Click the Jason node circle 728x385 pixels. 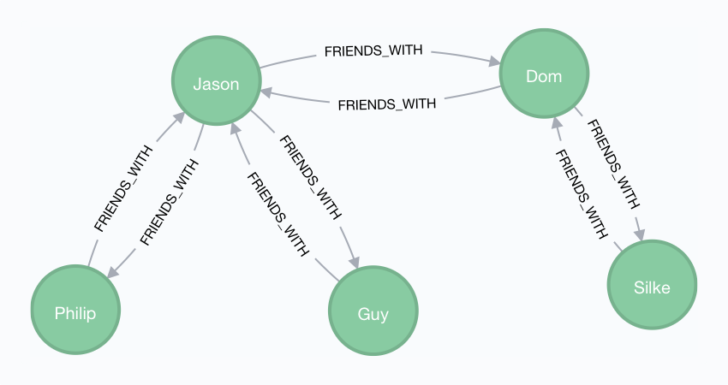[x=215, y=83]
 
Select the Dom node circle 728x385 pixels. [x=544, y=76]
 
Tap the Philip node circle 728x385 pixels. [x=75, y=312]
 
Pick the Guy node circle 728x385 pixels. [x=373, y=314]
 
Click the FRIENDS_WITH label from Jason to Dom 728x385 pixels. [x=373, y=51]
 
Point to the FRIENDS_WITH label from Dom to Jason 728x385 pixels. [x=387, y=104]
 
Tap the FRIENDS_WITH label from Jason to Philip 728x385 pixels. [x=168, y=201]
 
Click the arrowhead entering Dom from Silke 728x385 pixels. [x=556, y=125]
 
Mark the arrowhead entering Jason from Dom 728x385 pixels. [x=266, y=88]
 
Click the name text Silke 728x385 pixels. [x=653, y=287]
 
